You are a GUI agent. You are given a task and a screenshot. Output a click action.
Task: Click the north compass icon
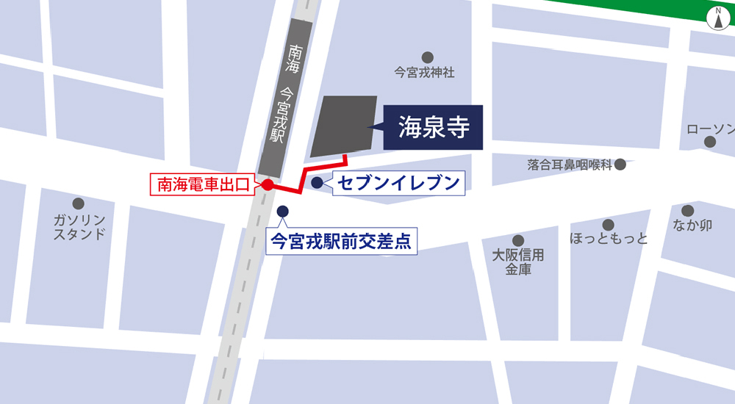tap(717, 18)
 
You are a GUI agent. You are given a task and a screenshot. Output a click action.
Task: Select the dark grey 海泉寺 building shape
tap(343, 126)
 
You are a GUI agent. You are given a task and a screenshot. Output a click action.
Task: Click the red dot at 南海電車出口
tap(268, 185)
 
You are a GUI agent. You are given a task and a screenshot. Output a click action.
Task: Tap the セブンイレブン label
tap(400, 183)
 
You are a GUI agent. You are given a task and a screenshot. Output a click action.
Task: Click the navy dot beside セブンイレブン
tap(317, 183)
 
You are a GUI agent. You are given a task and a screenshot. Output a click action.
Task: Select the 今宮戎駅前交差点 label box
tap(341, 240)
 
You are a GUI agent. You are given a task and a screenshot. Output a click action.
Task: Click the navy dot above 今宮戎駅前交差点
tap(282, 212)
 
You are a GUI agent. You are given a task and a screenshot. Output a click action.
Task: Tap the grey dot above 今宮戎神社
tap(427, 57)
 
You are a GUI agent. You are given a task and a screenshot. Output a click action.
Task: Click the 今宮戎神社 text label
tap(425, 73)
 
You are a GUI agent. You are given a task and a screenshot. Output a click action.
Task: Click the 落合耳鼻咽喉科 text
tap(570, 165)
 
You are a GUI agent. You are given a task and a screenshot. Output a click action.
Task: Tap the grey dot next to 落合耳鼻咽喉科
tap(620, 164)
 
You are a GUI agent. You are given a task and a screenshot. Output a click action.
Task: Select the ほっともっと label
tap(609, 239)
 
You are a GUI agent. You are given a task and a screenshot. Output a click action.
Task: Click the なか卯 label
tap(692, 226)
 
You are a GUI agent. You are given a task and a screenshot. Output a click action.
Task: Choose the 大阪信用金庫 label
tap(518, 262)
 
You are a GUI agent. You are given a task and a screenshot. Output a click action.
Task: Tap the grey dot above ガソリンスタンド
tap(79, 203)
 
